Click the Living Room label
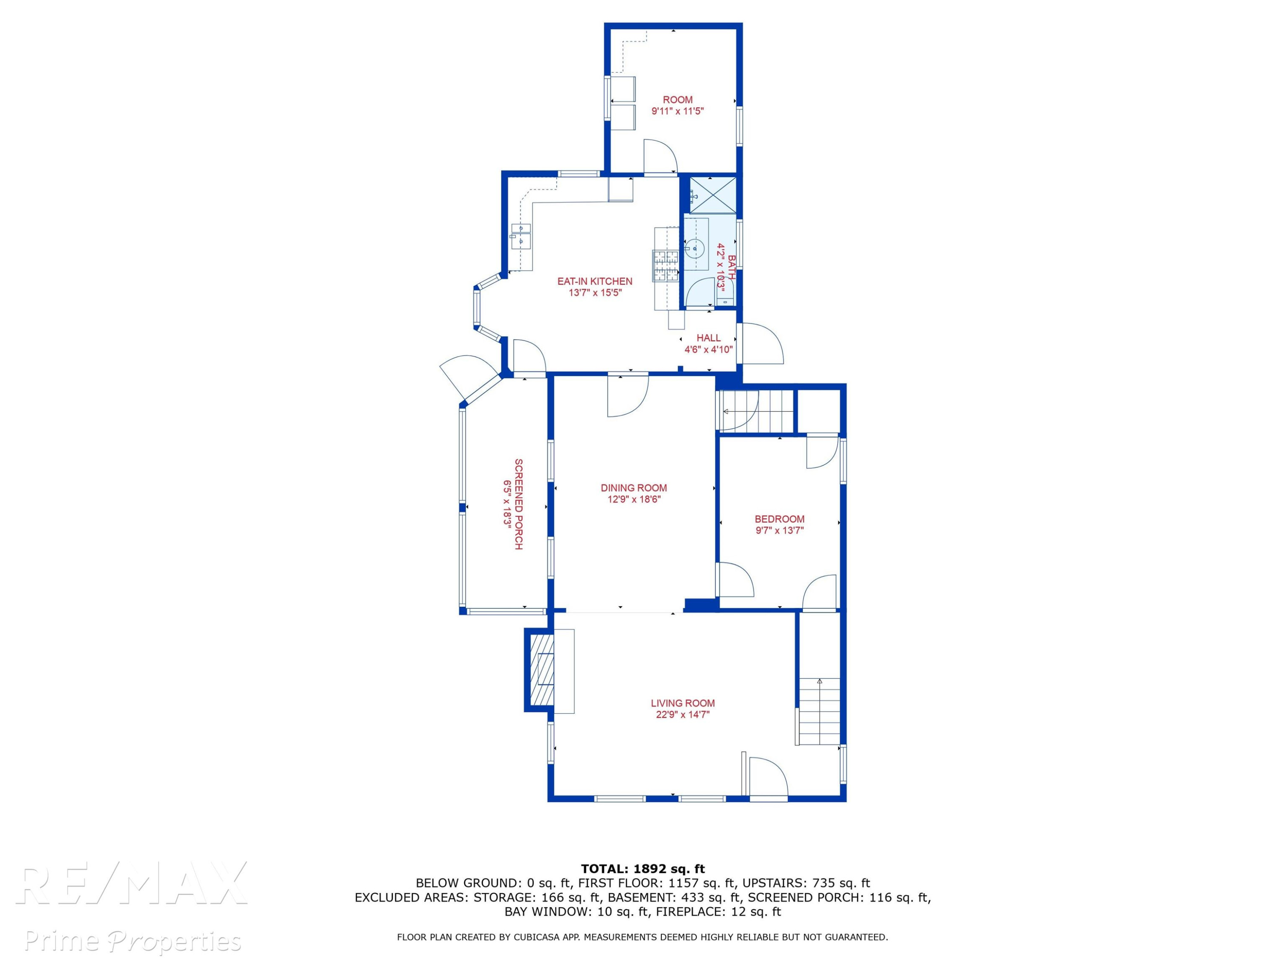[682, 703]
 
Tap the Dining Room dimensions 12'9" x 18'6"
[634, 499]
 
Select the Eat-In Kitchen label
[595, 281]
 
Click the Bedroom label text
[780, 519]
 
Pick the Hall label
[709, 338]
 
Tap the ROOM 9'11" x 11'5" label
[677, 105]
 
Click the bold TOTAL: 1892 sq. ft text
[643, 869]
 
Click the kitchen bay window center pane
[477, 308]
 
